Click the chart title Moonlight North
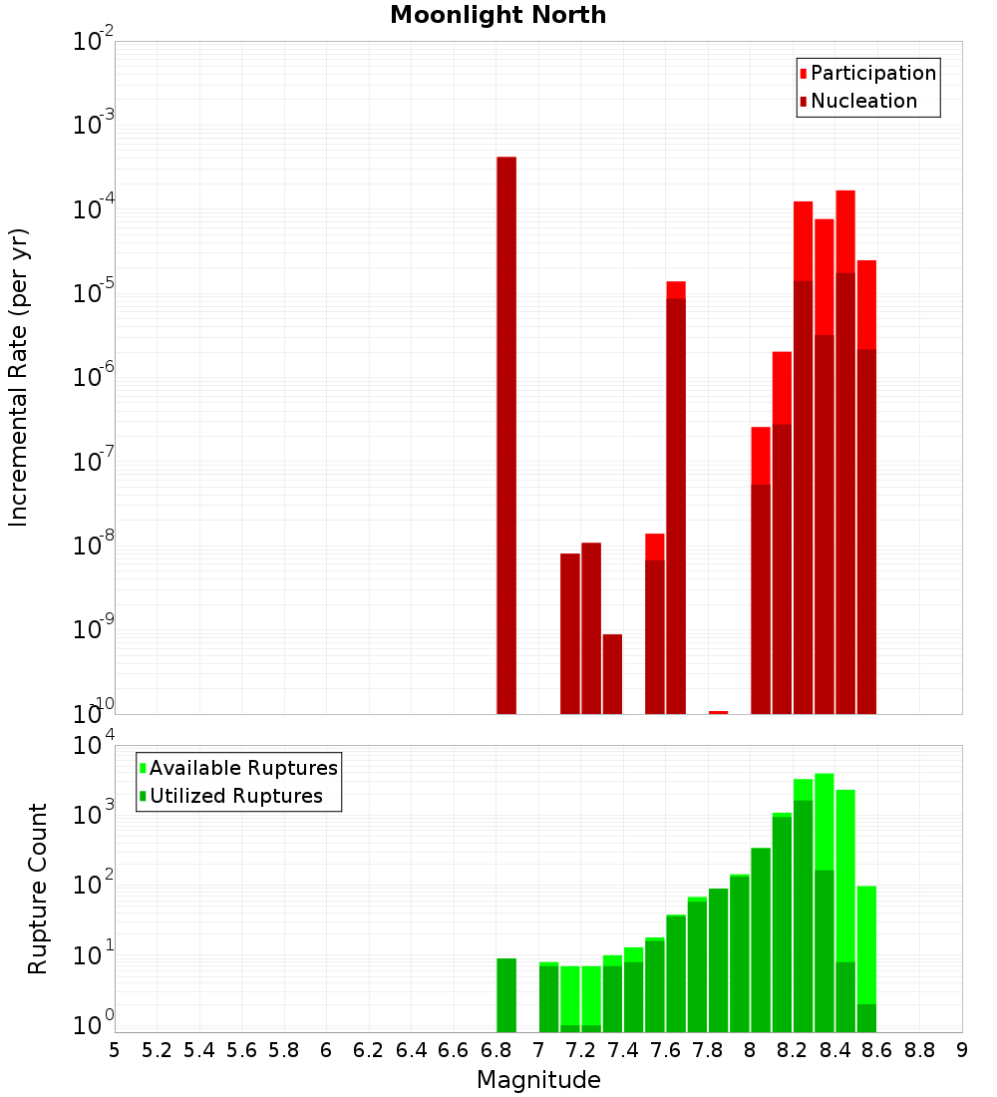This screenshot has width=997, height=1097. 498,16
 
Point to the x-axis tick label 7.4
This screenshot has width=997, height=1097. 623,1050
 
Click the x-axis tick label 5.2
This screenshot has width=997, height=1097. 157,1050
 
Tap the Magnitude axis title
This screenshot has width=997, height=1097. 538,1080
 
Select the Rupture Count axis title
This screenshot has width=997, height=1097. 38,888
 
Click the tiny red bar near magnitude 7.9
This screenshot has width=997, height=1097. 718,712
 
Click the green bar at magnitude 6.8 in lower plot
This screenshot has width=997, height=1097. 506,994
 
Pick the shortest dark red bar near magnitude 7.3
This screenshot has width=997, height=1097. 612,673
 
